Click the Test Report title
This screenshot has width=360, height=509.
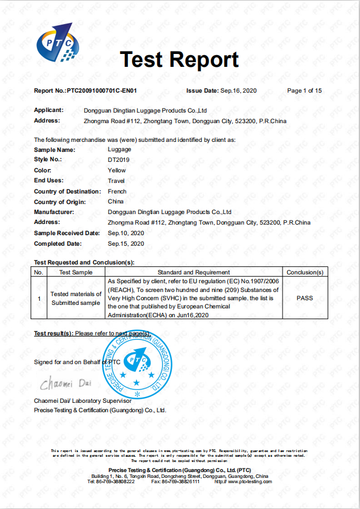tap(179, 60)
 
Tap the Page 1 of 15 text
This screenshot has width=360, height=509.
tap(304, 91)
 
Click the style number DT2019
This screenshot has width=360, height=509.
tap(117, 160)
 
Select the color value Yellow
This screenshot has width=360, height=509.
tap(117, 170)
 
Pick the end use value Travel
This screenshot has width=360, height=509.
tap(117, 181)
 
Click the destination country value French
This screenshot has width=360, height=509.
tap(117, 191)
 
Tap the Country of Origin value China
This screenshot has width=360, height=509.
tap(116, 202)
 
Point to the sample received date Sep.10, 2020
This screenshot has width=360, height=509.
tap(126, 233)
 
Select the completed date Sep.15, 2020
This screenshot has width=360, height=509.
tap(126, 243)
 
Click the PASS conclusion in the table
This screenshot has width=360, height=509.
tap(304, 298)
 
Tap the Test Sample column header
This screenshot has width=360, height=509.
tap(76, 273)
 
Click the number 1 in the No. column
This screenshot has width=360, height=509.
tap(39, 298)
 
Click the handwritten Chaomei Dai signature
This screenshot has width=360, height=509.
tap(65, 385)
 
